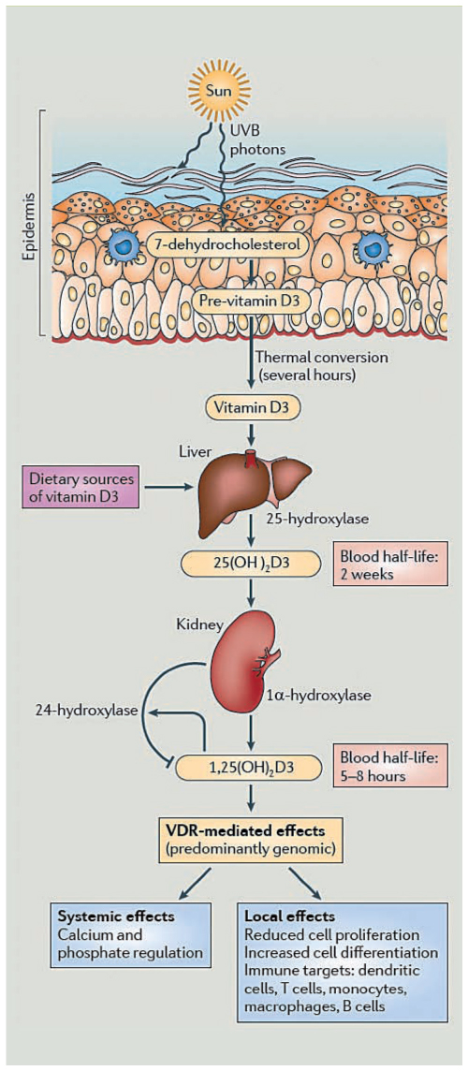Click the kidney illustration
click(243, 662)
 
